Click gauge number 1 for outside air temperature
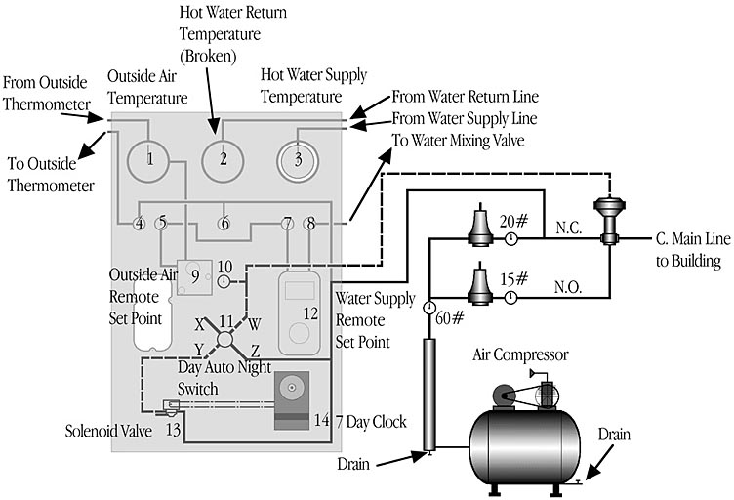(148, 160)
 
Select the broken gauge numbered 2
(223, 161)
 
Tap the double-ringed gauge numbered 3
(298, 161)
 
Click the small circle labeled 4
(139, 224)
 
